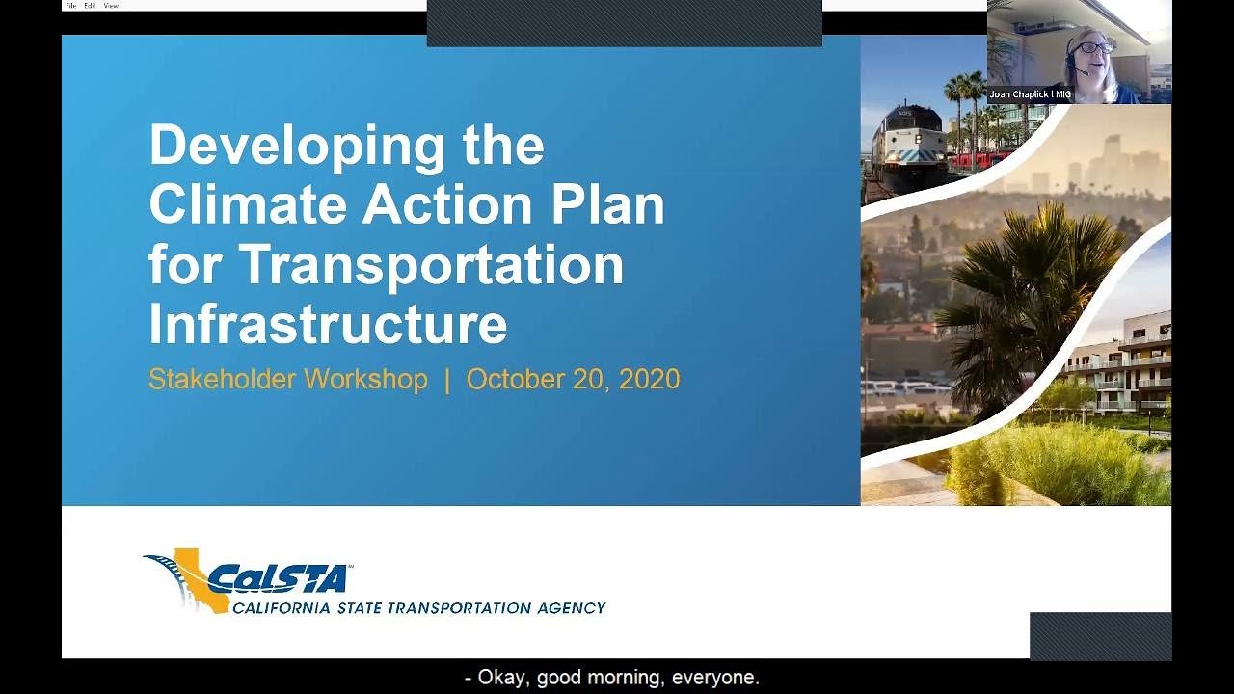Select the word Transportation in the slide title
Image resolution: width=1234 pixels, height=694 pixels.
(431, 264)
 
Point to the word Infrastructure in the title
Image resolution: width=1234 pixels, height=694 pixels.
(328, 324)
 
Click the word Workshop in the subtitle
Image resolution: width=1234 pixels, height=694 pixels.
(365, 379)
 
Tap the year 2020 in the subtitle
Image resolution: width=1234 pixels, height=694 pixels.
(649, 379)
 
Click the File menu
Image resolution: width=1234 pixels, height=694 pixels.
(70, 6)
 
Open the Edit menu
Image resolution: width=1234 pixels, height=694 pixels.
(90, 6)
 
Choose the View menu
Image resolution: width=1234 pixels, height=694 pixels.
(111, 6)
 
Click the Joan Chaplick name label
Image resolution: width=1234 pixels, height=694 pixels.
(1030, 94)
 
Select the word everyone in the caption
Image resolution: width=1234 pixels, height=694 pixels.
(715, 678)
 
